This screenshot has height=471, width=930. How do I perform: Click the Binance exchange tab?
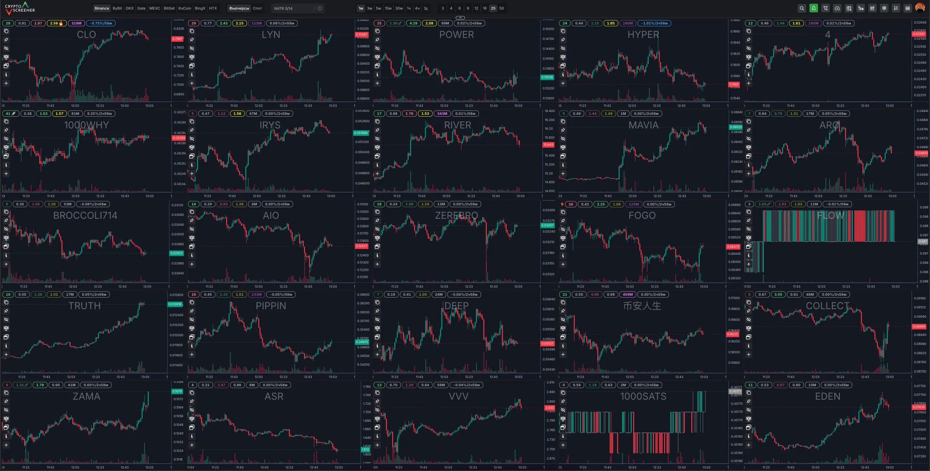click(102, 8)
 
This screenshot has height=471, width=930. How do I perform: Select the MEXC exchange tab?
click(154, 8)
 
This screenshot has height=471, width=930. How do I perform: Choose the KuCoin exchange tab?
click(185, 8)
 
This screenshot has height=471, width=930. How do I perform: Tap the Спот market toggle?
click(257, 8)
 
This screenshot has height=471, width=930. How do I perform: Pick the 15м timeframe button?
click(388, 8)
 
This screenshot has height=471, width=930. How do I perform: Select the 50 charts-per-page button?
click(501, 8)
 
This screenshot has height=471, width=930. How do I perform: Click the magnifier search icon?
click(802, 8)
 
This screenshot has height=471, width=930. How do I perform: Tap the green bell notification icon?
click(814, 8)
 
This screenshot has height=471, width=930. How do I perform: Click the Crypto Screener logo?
click(20, 8)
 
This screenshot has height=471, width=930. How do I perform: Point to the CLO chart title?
click(86, 35)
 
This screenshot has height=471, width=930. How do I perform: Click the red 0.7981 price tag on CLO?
click(177, 39)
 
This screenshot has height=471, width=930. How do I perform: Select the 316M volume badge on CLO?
click(76, 23)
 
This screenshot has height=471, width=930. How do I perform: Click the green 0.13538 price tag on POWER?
click(547, 77)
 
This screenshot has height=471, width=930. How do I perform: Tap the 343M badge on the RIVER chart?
click(442, 114)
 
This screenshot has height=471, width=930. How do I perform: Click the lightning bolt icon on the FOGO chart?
click(562, 204)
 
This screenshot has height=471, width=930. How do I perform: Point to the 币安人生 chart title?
click(642, 306)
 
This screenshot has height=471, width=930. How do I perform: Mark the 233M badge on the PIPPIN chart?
click(256, 295)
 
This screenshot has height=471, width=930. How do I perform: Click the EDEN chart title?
click(828, 396)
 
